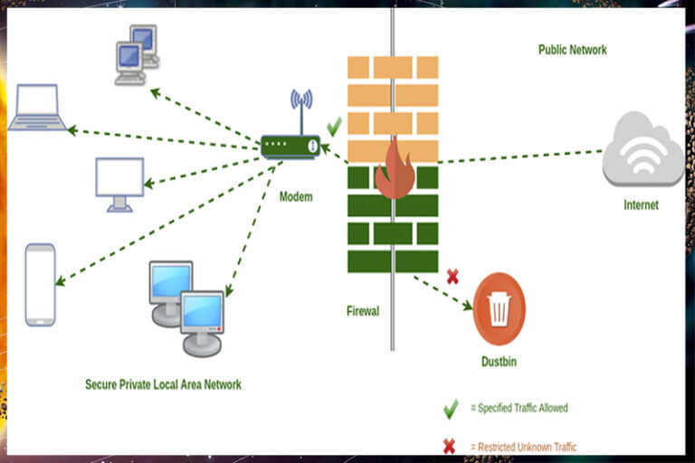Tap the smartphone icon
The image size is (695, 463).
coord(41,284)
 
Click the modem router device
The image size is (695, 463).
coord(290,145)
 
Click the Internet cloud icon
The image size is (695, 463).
coord(643,149)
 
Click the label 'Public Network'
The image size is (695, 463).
coord(572,50)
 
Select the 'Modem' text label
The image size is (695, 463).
coord(296,196)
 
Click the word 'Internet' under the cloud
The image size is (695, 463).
coord(641,205)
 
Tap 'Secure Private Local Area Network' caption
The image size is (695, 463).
coord(163,384)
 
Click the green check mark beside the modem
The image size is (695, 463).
coord(334,126)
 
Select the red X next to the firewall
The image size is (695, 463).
coord(452,277)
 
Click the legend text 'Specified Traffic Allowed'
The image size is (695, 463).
coord(519,408)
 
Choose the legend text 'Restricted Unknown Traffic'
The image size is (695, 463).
coord(522,447)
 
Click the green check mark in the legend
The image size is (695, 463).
coord(450,408)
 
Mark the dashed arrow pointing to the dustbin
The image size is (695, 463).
coord(443,292)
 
